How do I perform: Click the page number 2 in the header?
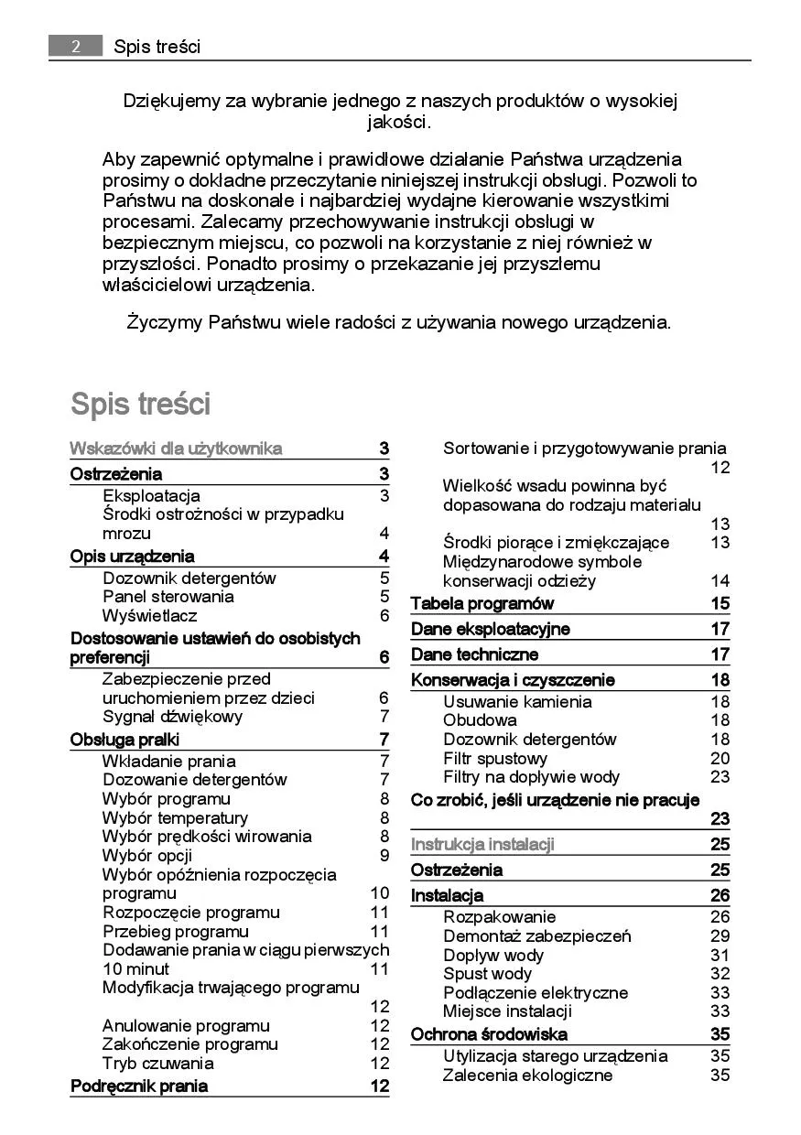coord(75,46)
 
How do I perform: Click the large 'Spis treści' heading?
coord(140,404)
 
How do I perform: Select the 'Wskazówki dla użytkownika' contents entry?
coord(176,449)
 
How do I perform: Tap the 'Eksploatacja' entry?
coord(151,496)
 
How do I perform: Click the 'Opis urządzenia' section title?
coord(132,557)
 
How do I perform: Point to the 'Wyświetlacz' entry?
coord(149,616)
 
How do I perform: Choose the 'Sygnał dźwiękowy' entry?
coord(172,717)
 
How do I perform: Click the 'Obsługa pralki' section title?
coord(124,740)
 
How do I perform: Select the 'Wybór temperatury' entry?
coord(175,818)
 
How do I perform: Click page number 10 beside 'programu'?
coord(380,893)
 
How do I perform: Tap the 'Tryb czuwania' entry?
coord(157,1064)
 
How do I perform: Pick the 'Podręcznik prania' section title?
coord(139,1086)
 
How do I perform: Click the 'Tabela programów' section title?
coord(482,604)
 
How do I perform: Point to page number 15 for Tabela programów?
coord(720,604)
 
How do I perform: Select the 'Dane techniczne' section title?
coord(474,654)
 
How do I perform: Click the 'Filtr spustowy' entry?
coord(495,759)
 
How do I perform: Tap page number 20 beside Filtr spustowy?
coord(720,759)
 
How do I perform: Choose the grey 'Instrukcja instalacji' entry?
coord(482,845)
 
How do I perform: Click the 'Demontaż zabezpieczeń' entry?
coord(536,936)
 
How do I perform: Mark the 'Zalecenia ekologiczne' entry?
coord(527,1076)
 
